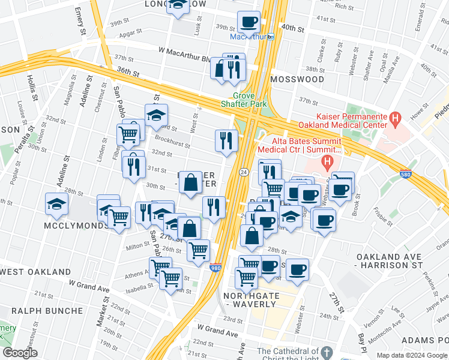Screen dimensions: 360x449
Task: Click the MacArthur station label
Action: click(249, 37)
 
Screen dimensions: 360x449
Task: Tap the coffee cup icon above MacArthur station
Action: click(249, 23)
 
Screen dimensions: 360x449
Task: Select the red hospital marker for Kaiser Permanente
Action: click(394, 119)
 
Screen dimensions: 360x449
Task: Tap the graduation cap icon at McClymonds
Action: click(56, 205)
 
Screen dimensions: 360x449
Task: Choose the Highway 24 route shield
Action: click(244, 172)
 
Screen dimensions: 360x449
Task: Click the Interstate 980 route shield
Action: click(215, 268)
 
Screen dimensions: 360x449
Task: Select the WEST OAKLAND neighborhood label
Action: click(35, 272)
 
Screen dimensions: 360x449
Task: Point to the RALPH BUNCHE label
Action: click(47, 311)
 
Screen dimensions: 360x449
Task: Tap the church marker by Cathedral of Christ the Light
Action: click(326, 352)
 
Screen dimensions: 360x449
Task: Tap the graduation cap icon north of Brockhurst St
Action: click(156, 115)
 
